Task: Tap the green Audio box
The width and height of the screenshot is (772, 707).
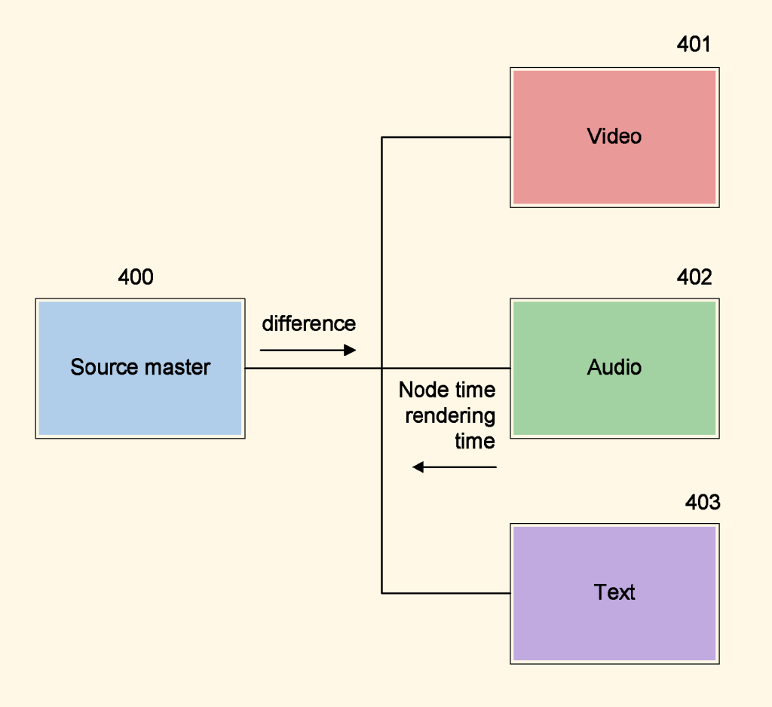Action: coord(614,399)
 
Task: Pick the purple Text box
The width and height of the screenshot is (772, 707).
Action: coord(614,626)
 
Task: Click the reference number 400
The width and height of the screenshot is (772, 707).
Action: coord(136,277)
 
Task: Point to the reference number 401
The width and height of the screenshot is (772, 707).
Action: coord(694,45)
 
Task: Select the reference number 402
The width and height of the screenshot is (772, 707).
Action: coord(694,277)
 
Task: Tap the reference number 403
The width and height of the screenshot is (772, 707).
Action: coord(703,502)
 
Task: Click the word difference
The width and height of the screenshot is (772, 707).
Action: coord(309,324)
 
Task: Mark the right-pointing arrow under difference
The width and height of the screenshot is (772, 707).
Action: coord(308,350)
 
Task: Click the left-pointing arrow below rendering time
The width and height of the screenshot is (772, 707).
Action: coord(455,467)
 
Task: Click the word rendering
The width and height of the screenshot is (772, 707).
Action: coord(450,415)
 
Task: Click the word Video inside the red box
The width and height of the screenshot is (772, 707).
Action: coord(614,136)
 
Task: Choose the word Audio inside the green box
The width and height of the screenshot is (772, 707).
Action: coord(614,367)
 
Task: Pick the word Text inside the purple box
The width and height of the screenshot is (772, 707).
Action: coord(614,592)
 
